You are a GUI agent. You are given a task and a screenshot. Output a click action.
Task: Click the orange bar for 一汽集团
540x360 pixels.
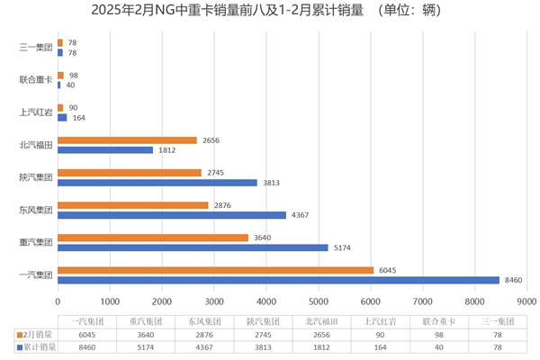pyautogui.click(x=215, y=269)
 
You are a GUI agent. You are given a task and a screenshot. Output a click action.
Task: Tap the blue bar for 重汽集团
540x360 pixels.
pyautogui.click(x=192, y=247)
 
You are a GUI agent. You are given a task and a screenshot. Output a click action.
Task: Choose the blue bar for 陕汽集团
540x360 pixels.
pyautogui.click(x=157, y=183)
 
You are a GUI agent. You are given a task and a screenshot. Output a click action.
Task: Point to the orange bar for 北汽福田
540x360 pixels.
pyautogui.click(x=127, y=140)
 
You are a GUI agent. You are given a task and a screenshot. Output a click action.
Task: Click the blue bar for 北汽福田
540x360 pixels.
pyautogui.click(x=105, y=150)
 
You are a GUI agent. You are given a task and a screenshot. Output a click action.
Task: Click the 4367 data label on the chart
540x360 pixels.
pyautogui.click(x=300, y=214)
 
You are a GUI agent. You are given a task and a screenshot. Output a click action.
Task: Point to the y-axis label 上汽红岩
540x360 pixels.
pyautogui.click(x=36, y=112)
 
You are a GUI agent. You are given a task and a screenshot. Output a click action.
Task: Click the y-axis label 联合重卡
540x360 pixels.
pyautogui.click(x=36, y=80)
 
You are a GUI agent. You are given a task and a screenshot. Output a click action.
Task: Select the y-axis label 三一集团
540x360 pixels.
pyautogui.click(x=36, y=48)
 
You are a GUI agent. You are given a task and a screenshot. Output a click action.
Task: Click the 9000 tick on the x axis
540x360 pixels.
pyautogui.click(x=526, y=301)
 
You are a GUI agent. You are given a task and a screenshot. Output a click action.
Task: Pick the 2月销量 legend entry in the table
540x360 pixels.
pyautogui.click(x=36, y=333)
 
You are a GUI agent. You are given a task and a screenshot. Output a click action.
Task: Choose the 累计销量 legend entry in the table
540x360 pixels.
pyautogui.click(x=36, y=346)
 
